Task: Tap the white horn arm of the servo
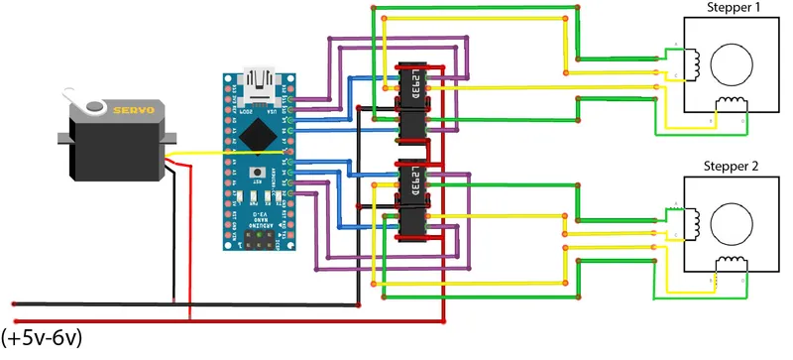[x=79, y=98]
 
